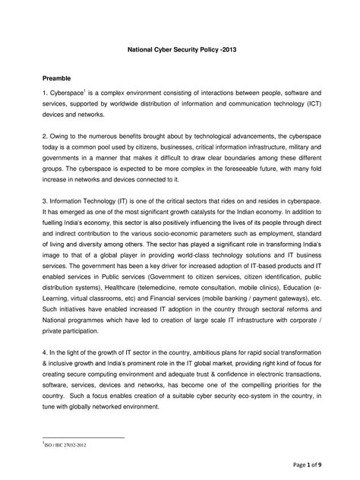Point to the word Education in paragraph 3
[x=305, y=314]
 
